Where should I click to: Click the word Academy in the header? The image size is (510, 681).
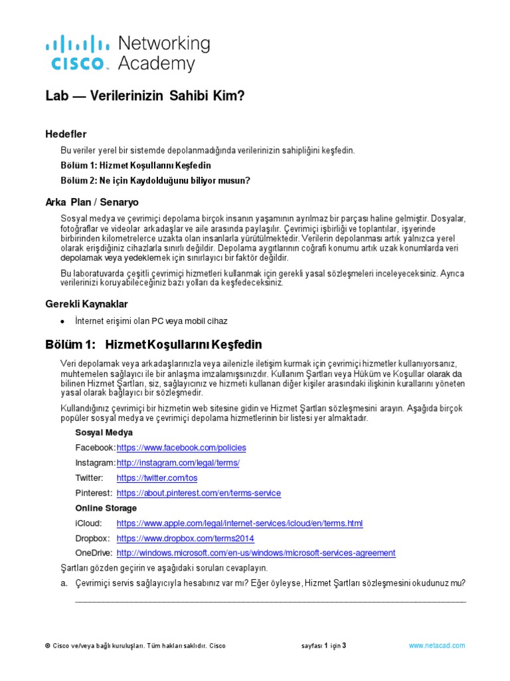(x=156, y=64)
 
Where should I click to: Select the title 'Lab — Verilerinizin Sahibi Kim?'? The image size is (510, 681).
(x=145, y=96)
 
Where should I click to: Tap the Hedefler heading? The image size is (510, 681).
(x=66, y=134)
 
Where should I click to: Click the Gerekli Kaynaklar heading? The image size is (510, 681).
(x=86, y=303)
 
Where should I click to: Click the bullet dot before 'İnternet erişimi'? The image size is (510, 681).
(x=62, y=321)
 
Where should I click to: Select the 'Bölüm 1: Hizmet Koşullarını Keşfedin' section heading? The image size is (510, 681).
(x=153, y=344)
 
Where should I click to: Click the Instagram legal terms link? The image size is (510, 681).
(x=178, y=463)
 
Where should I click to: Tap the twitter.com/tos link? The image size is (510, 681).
(x=157, y=478)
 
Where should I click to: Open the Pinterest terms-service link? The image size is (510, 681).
(x=199, y=493)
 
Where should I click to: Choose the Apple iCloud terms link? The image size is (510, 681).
(x=240, y=523)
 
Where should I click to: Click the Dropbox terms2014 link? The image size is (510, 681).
(x=185, y=539)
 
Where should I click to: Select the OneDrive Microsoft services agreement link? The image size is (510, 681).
(x=256, y=553)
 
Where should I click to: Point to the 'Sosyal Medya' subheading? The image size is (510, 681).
(x=104, y=432)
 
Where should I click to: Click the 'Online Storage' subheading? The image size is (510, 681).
(x=107, y=508)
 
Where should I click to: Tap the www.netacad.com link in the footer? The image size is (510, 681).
(x=437, y=646)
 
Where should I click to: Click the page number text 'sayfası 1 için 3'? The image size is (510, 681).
(x=323, y=646)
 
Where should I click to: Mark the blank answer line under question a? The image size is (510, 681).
(x=270, y=601)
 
